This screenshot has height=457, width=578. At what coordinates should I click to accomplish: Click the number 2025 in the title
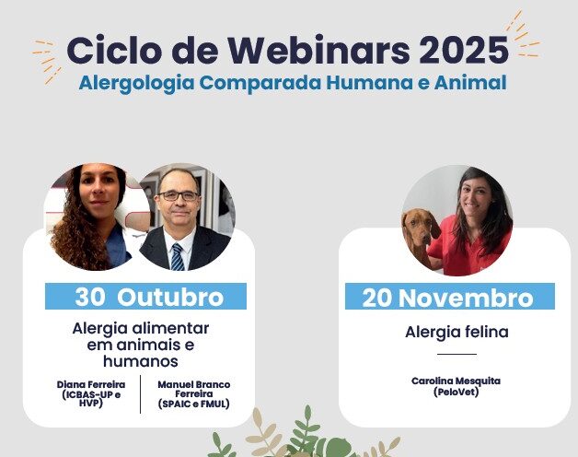(x=463, y=48)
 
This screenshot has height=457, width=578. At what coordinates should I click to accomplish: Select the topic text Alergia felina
(x=457, y=332)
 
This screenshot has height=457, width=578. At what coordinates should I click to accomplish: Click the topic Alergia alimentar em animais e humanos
(x=141, y=344)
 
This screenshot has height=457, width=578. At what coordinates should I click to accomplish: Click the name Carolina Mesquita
(x=457, y=380)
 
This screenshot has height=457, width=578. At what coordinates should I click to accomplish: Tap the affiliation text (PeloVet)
(x=457, y=392)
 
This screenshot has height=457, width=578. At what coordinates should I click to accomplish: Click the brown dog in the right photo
(x=422, y=235)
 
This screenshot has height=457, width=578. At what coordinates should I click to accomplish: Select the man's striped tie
(x=177, y=256)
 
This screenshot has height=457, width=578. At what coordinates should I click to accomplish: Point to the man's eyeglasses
(x=178, y=196)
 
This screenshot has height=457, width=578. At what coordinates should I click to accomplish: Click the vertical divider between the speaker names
(x=140, y=394)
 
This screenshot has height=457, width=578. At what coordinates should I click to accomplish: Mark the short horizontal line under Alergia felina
(x=457, y=354)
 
